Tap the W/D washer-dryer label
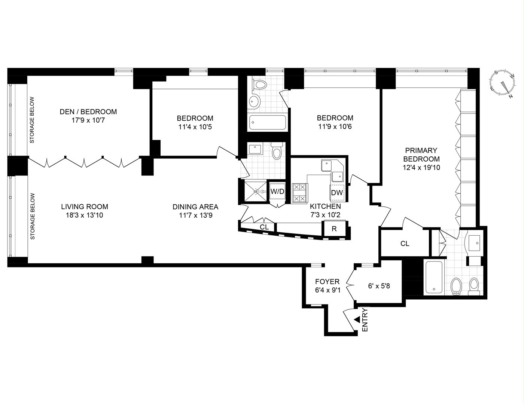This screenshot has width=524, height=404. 277,192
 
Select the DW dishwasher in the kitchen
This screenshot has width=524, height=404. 337,193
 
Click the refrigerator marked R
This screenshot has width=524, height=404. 334,229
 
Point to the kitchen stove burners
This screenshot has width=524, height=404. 300,193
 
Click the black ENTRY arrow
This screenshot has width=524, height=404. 357,320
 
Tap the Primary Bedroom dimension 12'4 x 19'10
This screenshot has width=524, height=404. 421,167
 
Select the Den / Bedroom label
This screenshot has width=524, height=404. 88,112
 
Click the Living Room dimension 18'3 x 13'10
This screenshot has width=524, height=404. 84,215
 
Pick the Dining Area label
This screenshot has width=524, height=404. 195,207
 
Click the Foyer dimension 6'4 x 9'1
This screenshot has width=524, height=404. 327,290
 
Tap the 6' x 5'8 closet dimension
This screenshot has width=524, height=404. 379,286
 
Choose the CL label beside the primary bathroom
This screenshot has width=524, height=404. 405,244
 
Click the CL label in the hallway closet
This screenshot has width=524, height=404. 264,227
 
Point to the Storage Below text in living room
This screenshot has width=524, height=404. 33,216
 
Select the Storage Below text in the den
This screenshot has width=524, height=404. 32,120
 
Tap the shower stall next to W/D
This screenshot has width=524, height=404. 256,192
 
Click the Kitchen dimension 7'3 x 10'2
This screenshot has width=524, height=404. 325,215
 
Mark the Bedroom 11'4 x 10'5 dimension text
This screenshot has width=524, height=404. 195,127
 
